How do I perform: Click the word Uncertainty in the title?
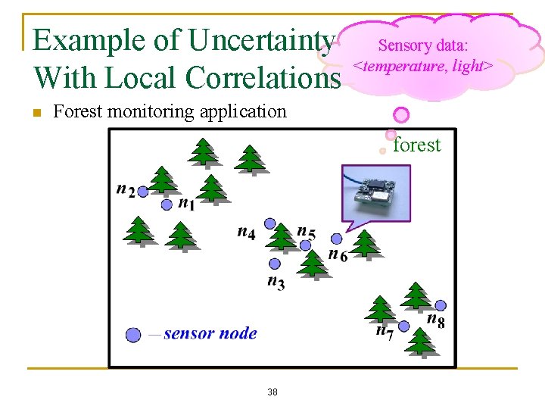click(x=260, y=41)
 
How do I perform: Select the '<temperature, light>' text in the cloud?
click(x=425, y=67)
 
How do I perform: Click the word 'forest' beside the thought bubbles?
click(x=416, y=145)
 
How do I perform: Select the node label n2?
click(x=126, y=189)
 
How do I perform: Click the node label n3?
click(x=276, y=282)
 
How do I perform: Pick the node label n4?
click(x=246, y=231)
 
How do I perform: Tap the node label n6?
click(x=338, y=254)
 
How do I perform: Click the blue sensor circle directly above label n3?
click(x=275, y=264)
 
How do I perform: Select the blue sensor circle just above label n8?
click(x=441, y=305)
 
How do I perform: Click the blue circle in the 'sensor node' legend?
click(x=133, y=334)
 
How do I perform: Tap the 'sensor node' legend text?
click(x=210, y=333)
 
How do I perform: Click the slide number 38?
click(x=272, y=392)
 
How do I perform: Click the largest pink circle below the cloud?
click(x=401, y=115)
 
